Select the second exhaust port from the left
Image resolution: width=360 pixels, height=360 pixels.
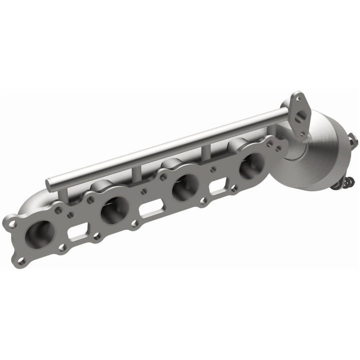(x=114, y=209)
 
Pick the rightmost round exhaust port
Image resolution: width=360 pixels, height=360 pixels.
(x=251, y=165)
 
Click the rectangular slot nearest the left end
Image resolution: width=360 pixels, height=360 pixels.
(x=76, y=232)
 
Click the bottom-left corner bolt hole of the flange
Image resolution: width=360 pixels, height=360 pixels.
(x=21, y=260)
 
